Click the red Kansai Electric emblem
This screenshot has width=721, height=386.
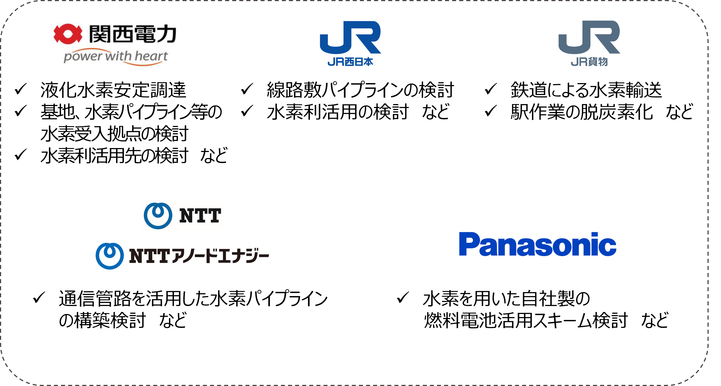[x=68, y=34]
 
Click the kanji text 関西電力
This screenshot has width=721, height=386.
[x=133, y=34]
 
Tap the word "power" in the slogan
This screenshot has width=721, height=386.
[x=82, y=57]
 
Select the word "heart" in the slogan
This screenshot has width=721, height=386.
[x=151, y=56]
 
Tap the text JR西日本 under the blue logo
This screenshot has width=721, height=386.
[x=350, y=62]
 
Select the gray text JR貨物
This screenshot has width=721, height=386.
[x=589, y=62]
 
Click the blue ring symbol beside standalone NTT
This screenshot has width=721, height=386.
[x=158, y=216]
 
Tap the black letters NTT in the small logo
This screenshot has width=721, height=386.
[x=200, y=216]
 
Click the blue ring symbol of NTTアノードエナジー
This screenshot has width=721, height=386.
[x=109, y=256]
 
